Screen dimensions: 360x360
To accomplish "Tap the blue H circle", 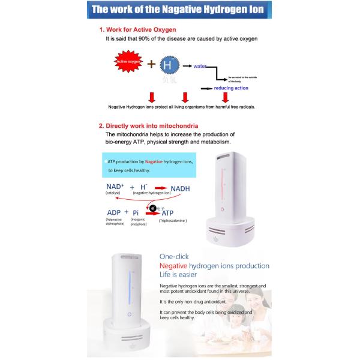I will tap(170, 64).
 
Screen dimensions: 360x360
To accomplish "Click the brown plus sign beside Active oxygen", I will tap(151, 64).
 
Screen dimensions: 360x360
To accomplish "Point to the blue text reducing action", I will tap(235, 88).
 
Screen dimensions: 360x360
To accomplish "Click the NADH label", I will tap(181, 188).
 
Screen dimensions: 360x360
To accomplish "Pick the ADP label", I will tap(114, 212).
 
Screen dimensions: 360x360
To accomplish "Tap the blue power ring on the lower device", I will tap(128, 314).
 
